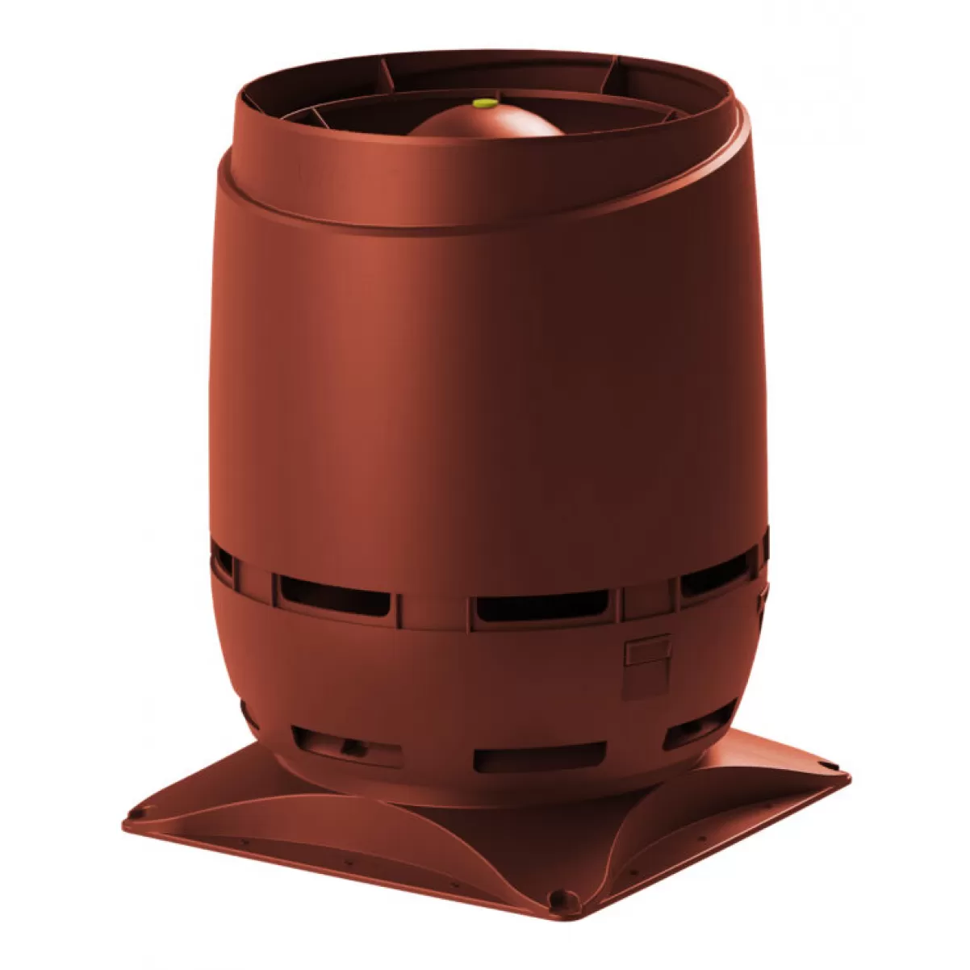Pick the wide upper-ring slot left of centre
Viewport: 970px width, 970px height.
(332, 592)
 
